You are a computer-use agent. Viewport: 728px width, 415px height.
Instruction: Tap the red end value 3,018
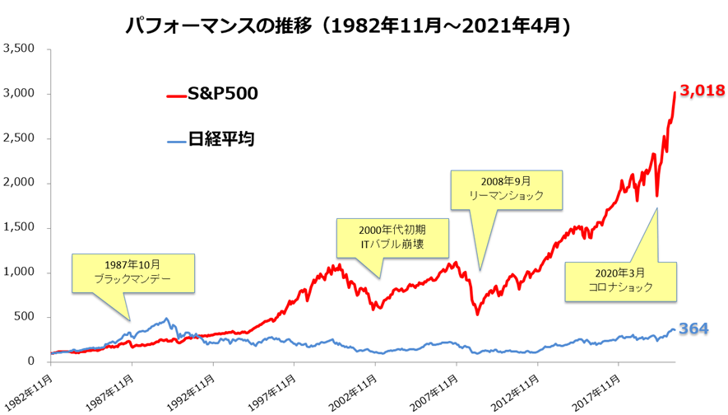click(x=702, y=91)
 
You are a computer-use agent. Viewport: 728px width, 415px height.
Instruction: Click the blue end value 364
click(x=693, y=329)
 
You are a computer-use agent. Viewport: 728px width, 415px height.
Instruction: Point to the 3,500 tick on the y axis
click(x=19, y=49)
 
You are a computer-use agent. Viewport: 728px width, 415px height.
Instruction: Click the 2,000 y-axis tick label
click(x=19, y=183)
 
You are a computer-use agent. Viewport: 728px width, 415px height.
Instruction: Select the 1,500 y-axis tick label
click(x=19, y=228)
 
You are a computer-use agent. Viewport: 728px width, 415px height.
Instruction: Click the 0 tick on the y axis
click(x=30, y=361)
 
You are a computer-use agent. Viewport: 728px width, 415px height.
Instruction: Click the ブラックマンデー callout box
click(x=132, y=273)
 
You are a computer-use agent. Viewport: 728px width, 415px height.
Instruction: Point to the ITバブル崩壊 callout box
click(x=393, y=238)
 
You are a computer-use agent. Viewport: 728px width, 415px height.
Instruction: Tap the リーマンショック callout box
click(x=507, y=189)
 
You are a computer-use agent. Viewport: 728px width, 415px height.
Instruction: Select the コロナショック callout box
click(x=620, y=281)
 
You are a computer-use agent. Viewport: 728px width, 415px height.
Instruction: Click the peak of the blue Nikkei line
click(x=166, y=319)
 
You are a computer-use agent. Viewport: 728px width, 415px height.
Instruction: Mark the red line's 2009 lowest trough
click(x=477, y=314)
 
